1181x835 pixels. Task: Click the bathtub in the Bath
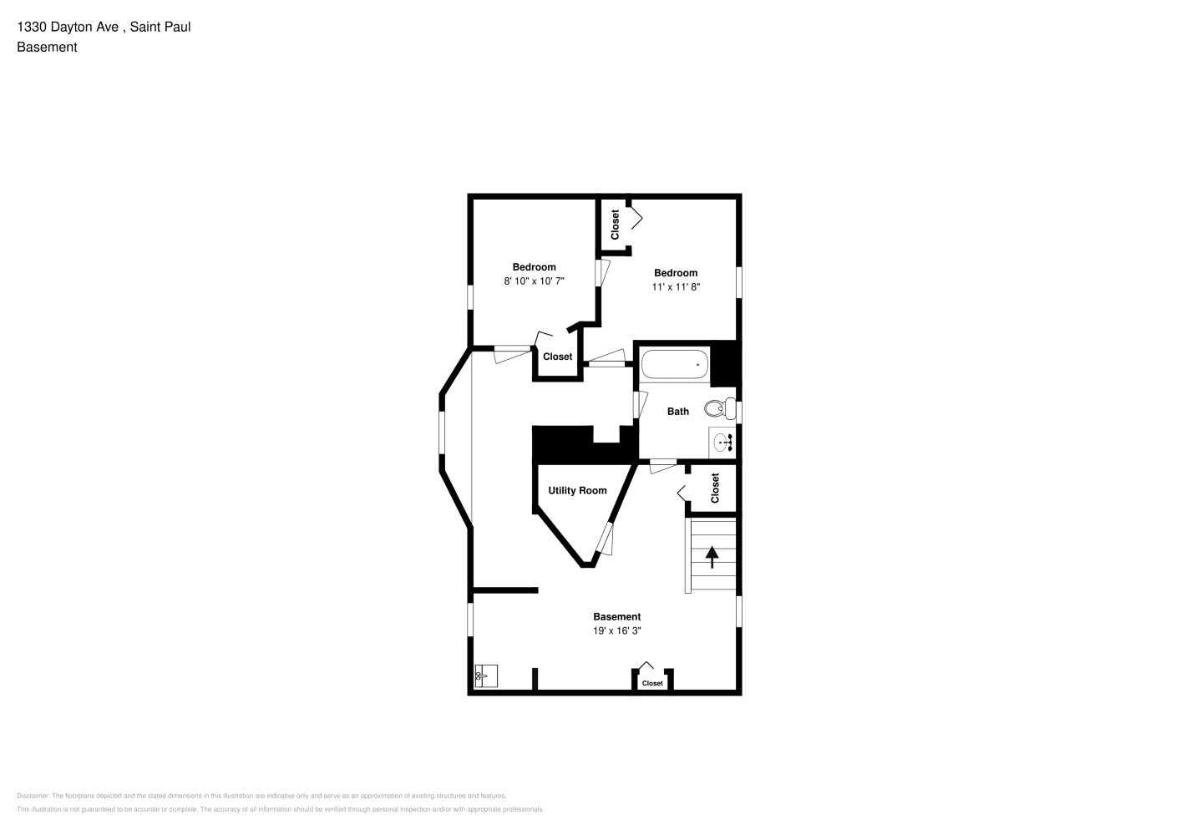click(x=674, y=364)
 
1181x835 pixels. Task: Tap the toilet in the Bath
click(x=720, y=408)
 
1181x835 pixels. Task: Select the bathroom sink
click(x=722, y=442)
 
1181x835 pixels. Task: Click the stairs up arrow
click(x=712, y=557)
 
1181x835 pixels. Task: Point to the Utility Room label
click(x=577, y=490)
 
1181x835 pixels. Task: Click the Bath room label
click(x=678, y=411)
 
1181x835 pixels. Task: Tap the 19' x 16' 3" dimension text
click(x=617, y=630)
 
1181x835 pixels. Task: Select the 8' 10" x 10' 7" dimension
click(x=534, y=281)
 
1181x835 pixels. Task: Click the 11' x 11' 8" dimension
click(x=676, y=286)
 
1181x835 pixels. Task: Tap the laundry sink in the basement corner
click(x=486, y=676)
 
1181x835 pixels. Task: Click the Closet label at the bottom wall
click(x=652, y=683)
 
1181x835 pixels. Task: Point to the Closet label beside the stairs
click(x=715, y=488)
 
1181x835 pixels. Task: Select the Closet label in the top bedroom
click(x=615, y=225)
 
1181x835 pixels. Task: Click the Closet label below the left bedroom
click(x=557, y=357)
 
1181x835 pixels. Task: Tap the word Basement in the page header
click(x=47, y=47)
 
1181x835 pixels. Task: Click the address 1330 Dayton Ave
click(x=68, y=27)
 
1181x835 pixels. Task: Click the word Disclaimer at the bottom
click(x=33, y=796)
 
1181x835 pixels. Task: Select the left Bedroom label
click(x=534, y=266)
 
